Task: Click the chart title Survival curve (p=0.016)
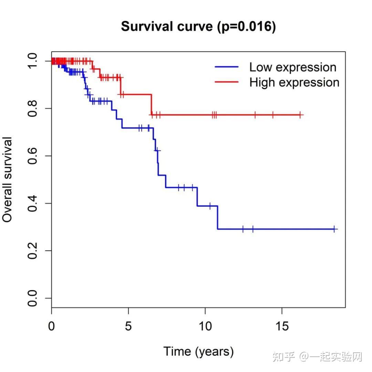pos(198,27)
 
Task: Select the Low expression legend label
pos(293,67)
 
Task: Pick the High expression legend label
pos(294,83)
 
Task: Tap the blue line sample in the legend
pos(227,67)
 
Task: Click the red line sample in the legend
pos(227,82)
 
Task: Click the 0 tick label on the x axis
pos(52,326)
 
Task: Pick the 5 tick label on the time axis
pos(128,326)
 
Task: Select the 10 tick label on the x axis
pos(205,326)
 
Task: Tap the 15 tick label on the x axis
pos(282,326)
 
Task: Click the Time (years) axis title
pos(198,352)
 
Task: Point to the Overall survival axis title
pos(8,179)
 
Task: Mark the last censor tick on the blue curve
pos(334,229)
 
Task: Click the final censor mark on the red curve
pos(300,115)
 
